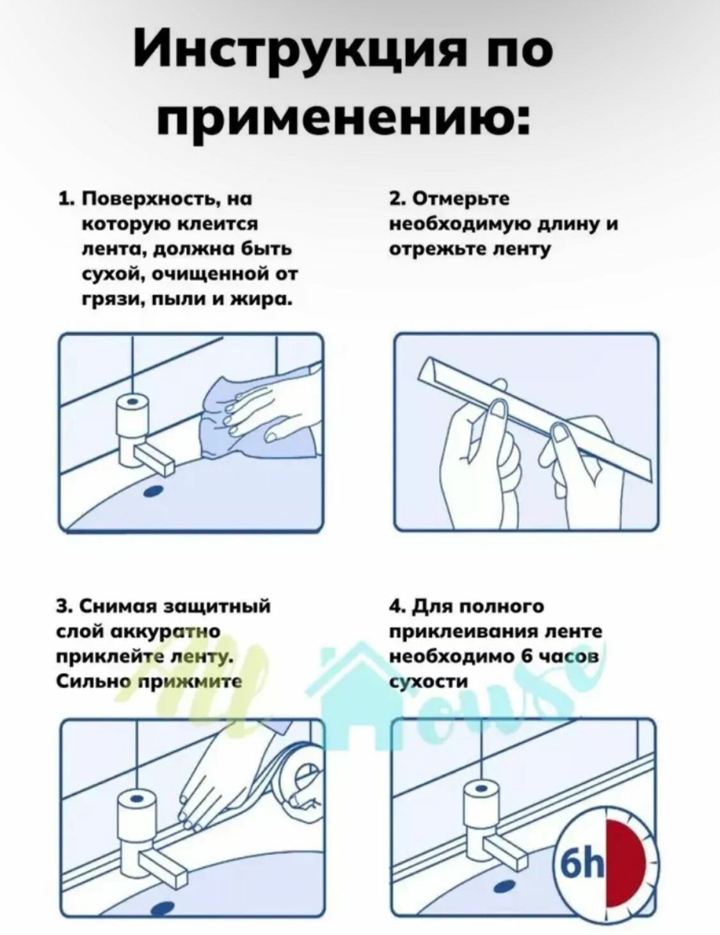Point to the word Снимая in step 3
117,605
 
